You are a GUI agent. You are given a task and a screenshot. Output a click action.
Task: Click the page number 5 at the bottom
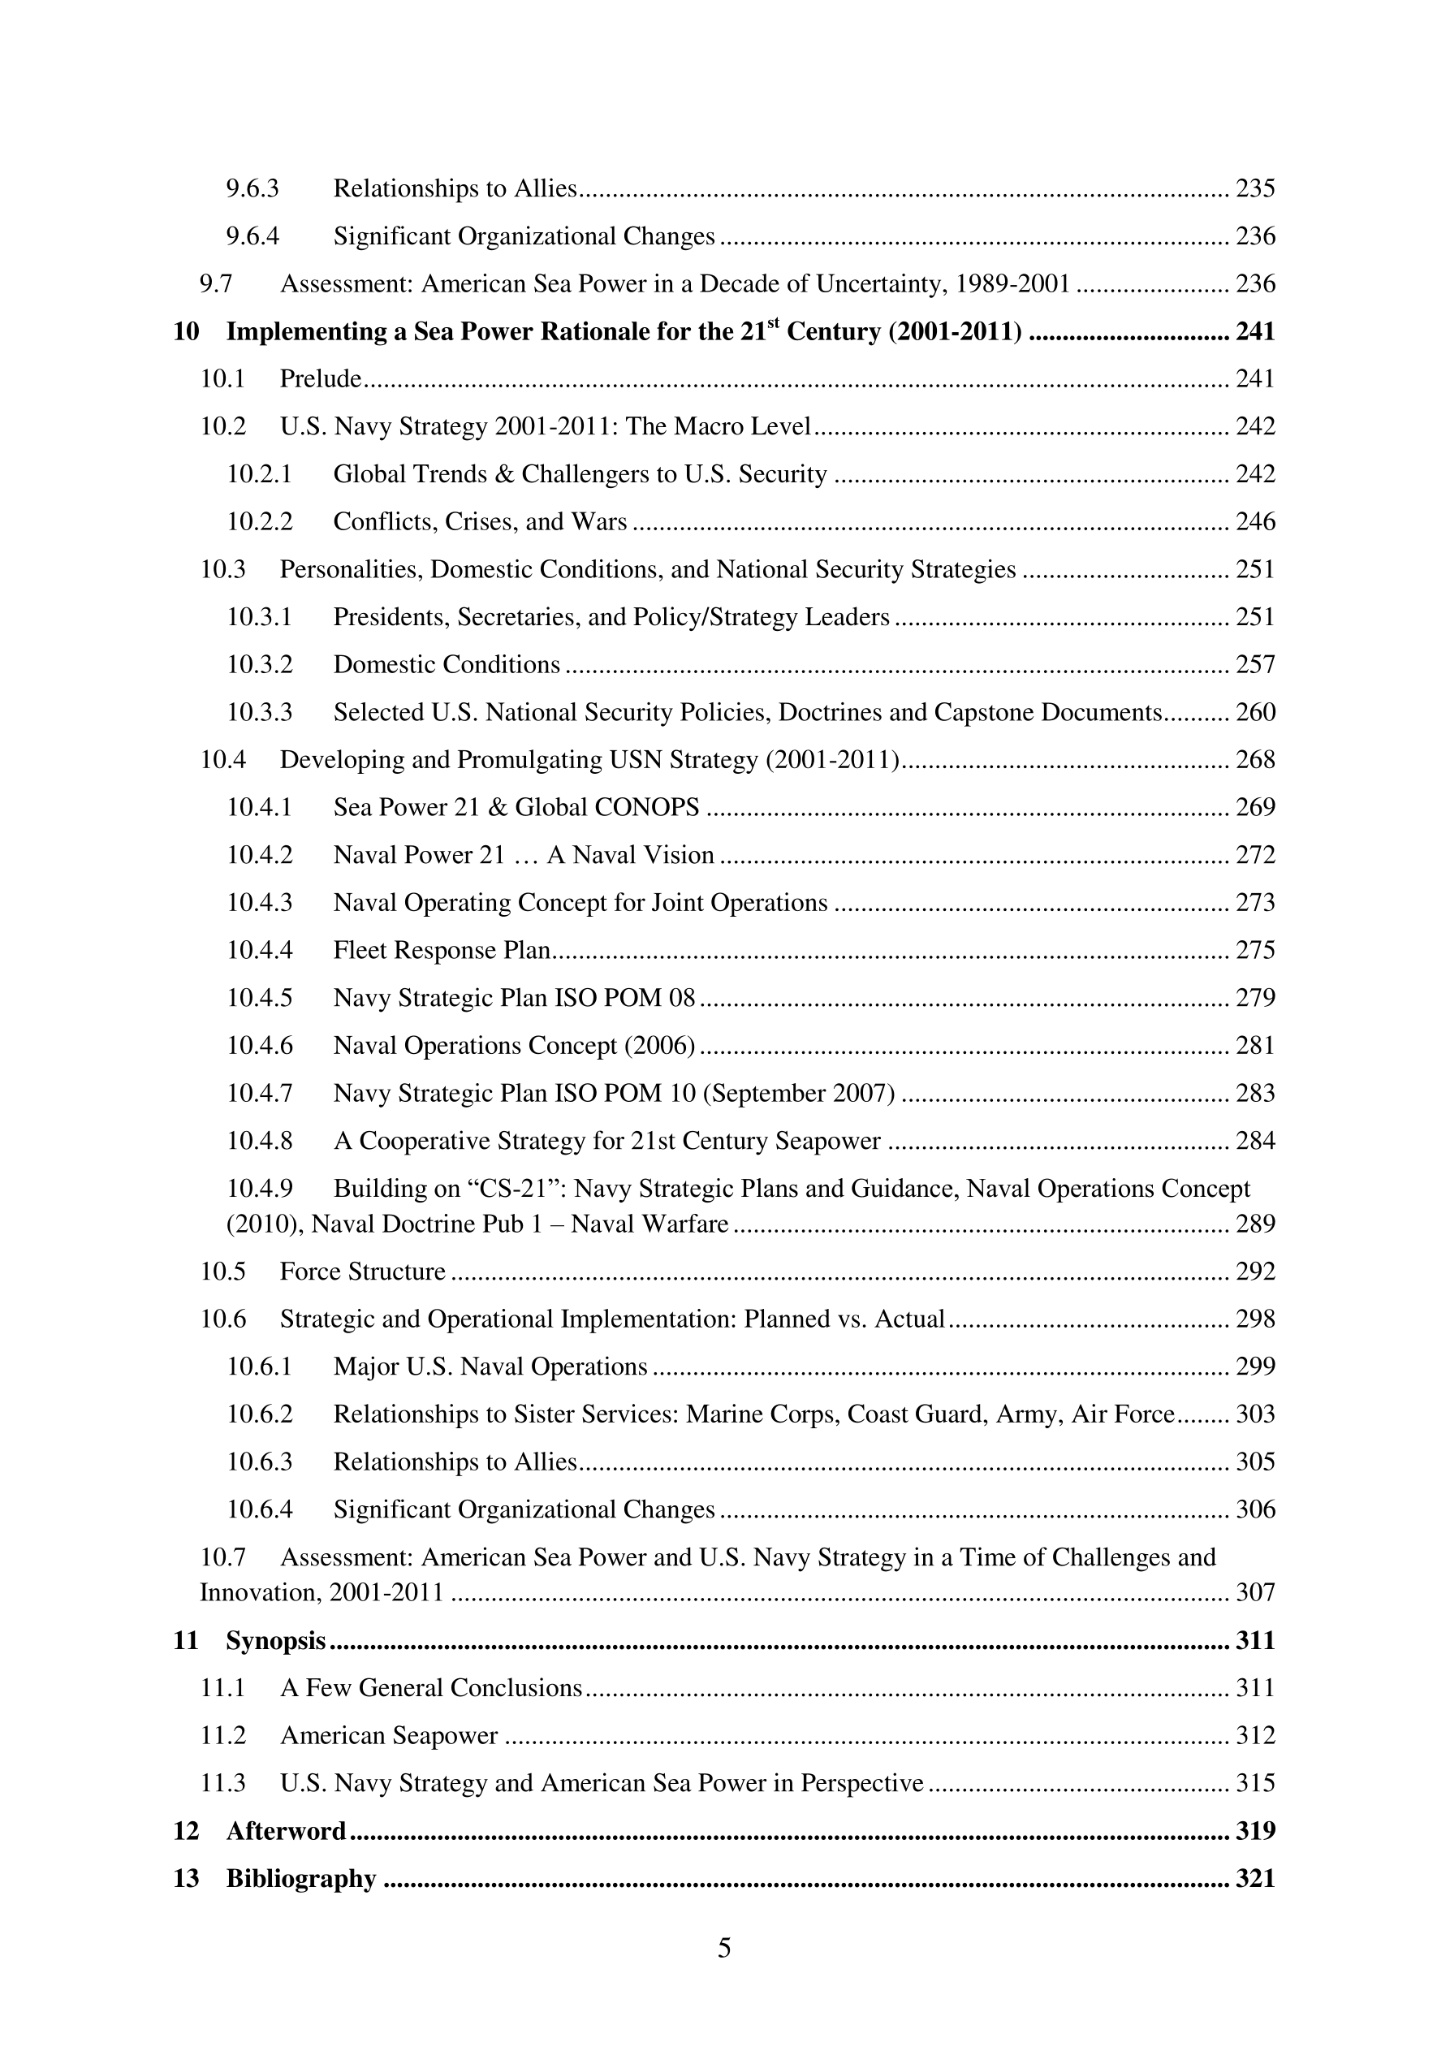(x=723, y=1947)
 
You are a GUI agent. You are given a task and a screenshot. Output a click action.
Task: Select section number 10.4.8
(x=259, y=1141)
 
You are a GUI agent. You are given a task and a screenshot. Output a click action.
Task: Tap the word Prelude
(x=321, y=378)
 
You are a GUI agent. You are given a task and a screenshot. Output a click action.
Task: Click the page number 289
(x=1255, y=1224)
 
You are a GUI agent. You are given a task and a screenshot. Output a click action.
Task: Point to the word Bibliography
(x=301, y=1879)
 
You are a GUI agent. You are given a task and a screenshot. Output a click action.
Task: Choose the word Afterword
(x=286, y=1831)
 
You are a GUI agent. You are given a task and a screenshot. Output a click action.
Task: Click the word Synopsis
(x=276, y=1641)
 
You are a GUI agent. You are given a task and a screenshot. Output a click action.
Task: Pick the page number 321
(x=1255, y=1879)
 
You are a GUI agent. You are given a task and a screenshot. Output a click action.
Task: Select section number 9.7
(x=216, y=284)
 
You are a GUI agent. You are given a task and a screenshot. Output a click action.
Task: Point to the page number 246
(x=1255, y=522)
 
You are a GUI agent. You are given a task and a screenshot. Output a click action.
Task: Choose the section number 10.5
(x=222, y=1272)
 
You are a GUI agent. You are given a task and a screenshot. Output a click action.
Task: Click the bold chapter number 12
(x=186, y=1831)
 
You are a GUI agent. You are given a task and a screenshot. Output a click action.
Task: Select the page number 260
(x=1255, y=712)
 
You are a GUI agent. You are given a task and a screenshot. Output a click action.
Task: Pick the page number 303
(x=1255, y=1414)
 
